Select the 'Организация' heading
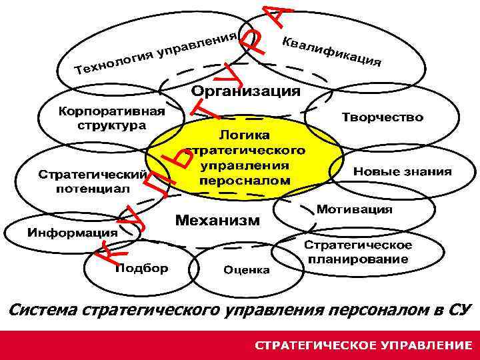246,91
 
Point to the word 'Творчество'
382,117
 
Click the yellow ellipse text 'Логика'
245,137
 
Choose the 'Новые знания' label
402,171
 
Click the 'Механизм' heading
217,220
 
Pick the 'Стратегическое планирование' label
358,252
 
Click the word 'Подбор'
142,269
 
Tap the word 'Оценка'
247,270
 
